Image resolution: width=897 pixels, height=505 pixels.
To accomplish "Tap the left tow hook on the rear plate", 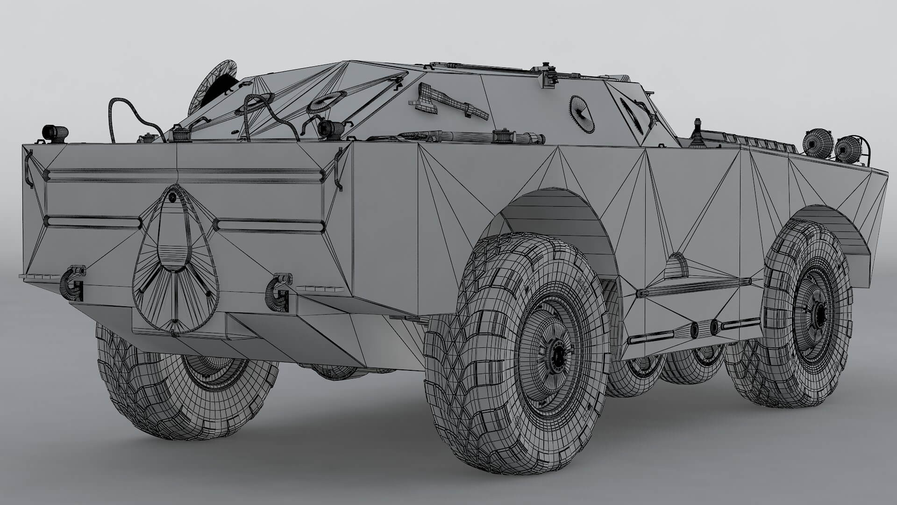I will (x=72, y=283).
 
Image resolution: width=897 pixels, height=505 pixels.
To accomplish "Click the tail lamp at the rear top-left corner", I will (x=55, y=133).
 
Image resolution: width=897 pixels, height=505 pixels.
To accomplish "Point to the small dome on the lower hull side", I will (x=676, y=266).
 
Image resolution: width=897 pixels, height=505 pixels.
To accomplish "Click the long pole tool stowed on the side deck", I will (x=472, y=137).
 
